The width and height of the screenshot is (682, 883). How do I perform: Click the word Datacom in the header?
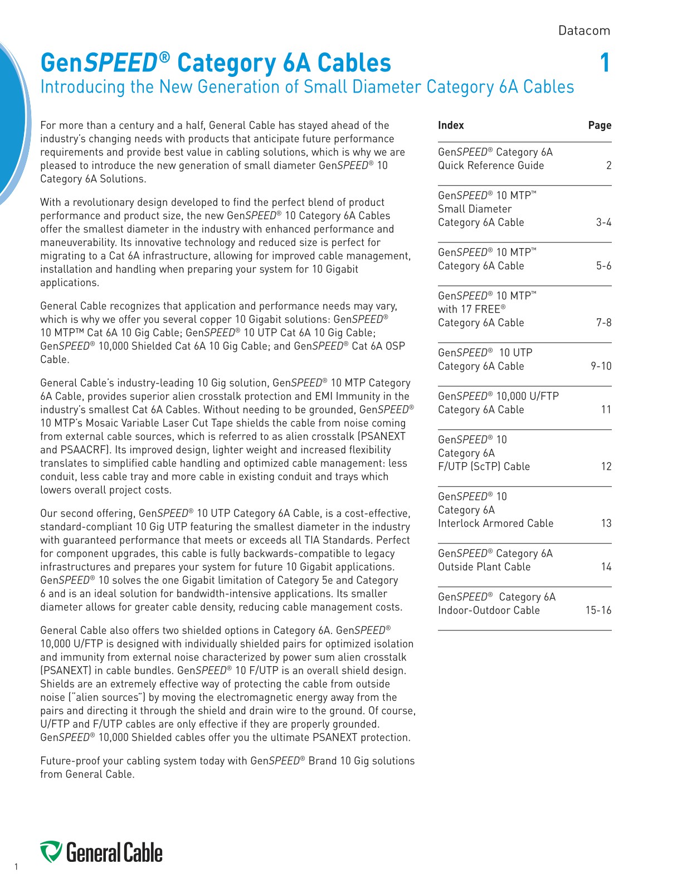pos(584,31)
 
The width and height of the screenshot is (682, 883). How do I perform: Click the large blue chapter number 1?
pos(605,63)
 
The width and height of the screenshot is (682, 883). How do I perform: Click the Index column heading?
pos(451,125)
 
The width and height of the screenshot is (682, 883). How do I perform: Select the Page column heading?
pos(600,125)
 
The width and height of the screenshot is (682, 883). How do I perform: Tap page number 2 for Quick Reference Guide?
pos(608,166)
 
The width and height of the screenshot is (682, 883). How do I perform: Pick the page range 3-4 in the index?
pos(603,222)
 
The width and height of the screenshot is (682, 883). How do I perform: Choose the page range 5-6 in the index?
pos(603,266)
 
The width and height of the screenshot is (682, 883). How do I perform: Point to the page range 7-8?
pos(603,323)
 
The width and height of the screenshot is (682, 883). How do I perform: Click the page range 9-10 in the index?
pos(601,366)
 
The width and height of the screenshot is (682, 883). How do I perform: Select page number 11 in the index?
pos(606,410)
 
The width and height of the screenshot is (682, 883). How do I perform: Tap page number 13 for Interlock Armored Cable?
pos(606,523)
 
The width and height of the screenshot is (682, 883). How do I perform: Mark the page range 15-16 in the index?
pos(598,610)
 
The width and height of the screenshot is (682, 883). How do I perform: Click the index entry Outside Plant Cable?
pos(484,567)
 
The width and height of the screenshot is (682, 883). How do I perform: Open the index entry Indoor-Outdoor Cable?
pos(489,610)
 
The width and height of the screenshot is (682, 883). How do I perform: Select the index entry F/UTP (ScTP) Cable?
pos(484,467)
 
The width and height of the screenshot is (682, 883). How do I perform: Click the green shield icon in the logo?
pos(51,852)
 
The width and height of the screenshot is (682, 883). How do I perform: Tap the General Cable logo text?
pos(114,853)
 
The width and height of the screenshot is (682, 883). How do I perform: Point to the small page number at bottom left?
pos(17,866)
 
